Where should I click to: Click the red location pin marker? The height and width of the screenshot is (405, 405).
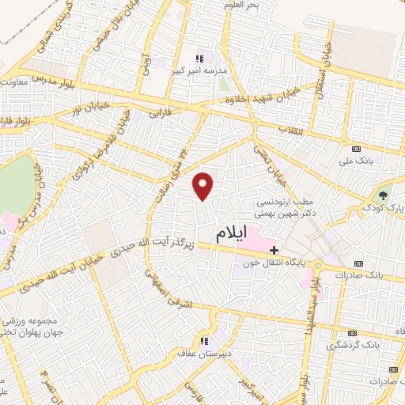204,186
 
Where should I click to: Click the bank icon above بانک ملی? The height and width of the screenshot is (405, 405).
357,149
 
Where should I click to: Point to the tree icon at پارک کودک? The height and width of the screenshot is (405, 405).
384,194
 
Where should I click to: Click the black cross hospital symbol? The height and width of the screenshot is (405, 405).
274,250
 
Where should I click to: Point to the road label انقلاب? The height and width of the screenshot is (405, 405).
290,128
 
